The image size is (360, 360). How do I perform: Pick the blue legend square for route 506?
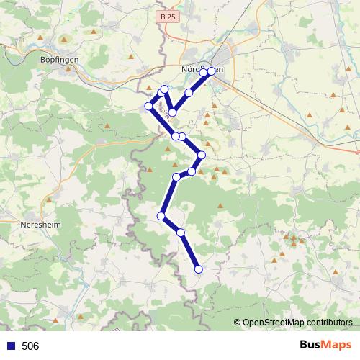[x=10, y=346]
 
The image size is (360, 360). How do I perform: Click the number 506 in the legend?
[x=30, y=346]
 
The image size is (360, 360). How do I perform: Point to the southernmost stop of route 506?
[x=199, y=269]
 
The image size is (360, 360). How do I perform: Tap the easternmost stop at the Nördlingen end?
[x=212, y=71]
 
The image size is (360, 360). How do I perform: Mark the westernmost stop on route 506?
[x=149, y=107]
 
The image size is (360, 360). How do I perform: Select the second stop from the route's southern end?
[x=181, y=233]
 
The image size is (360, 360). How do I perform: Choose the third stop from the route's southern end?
[x=161, y=216]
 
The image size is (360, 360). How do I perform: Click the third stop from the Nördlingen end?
[x=189, y=93]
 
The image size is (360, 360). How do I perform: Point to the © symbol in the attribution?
[x=238, y=323]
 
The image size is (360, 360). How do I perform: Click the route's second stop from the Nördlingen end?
[x=204, y=73]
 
